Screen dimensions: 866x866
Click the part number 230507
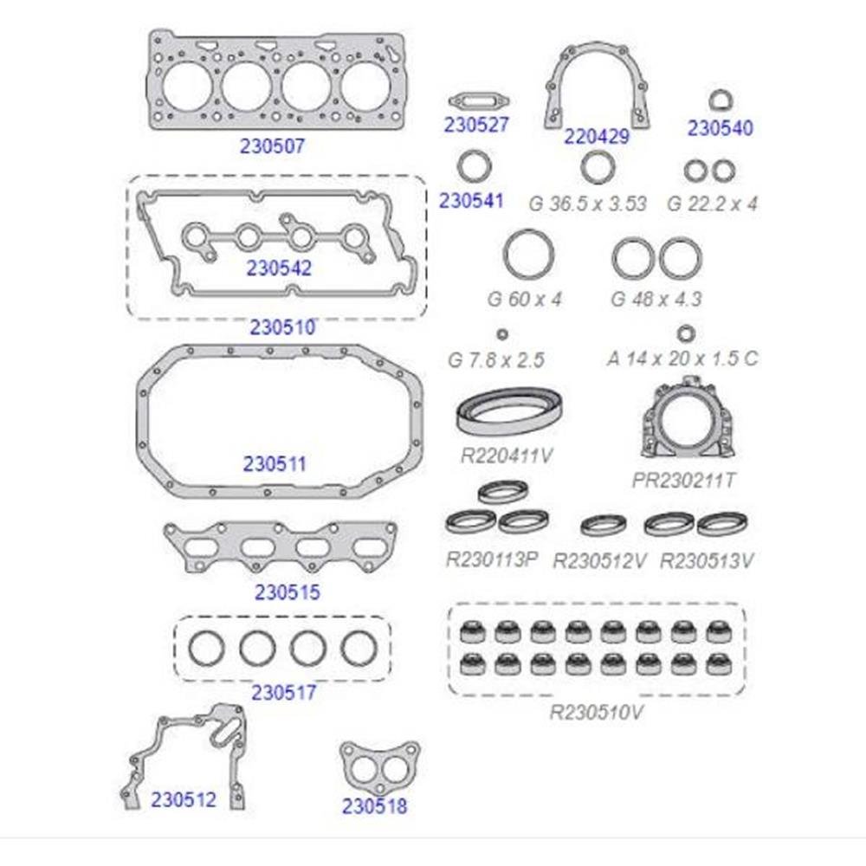[272, 145]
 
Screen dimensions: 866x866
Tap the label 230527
[476, 125]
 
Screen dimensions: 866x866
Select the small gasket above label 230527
[479, 101]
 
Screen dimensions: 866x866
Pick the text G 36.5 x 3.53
[588, 204]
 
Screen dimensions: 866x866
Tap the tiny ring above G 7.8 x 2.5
[502, 334]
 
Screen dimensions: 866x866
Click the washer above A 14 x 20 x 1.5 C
[685, 333]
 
